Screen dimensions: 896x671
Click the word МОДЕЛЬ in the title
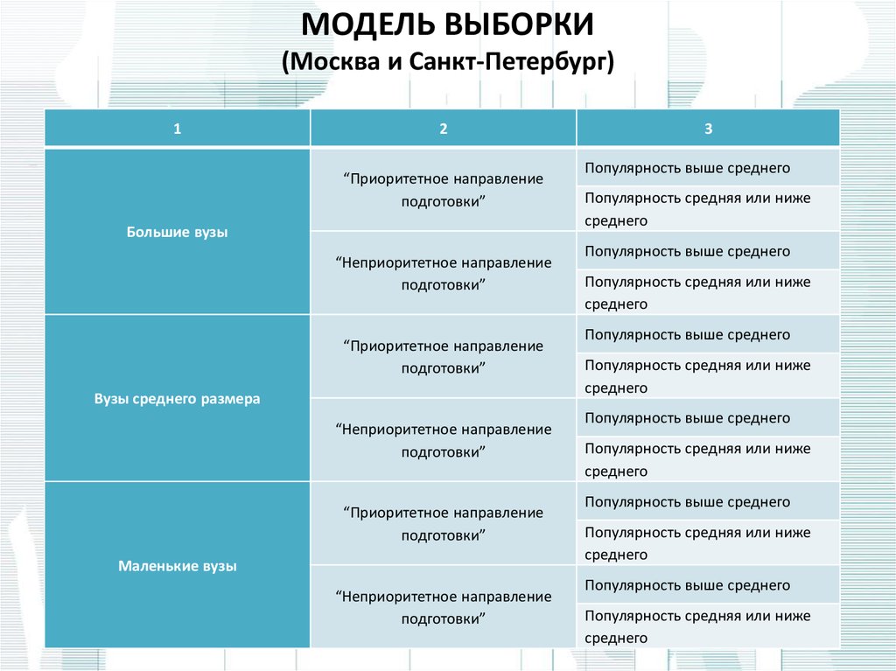pos(366,25)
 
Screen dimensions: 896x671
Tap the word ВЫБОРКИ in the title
pos(518,25)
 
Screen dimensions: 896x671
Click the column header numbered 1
pos(177,129)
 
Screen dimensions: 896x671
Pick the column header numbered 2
pos(444,129)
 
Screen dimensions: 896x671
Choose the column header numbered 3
pos(709,129)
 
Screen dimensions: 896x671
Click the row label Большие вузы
pos(177,232)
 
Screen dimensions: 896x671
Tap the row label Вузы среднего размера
pos(177,399)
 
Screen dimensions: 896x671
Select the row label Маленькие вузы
pos(177,566)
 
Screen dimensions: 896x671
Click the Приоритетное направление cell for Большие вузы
pos(444,191)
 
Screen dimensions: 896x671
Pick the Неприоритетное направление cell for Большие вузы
pos(444,274)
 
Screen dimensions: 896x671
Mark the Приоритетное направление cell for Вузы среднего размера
pos(444,357)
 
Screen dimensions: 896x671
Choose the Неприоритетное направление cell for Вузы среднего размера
pos(444,441)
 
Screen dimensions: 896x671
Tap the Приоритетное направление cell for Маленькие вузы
pos(444,524)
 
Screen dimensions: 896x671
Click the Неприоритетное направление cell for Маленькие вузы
pos(444,607)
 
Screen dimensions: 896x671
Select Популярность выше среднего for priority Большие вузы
pos(688,168)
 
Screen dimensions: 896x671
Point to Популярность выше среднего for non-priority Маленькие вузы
pos(688,585)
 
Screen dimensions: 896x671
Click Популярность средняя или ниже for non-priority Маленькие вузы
pos(697,616)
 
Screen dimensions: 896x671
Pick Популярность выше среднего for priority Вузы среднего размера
pos(688,335)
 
